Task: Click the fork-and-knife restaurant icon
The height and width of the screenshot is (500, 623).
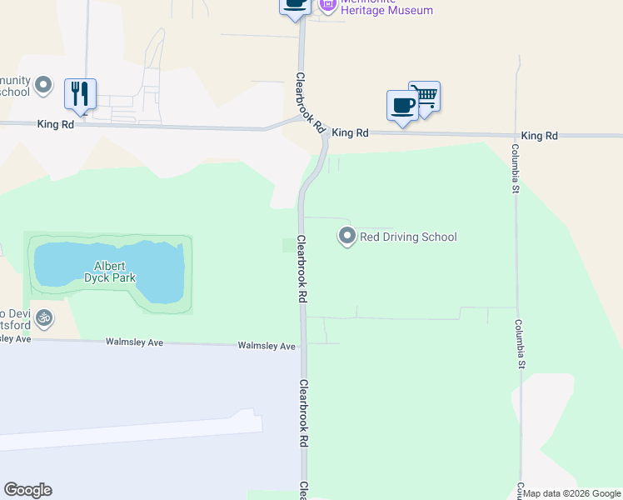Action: [x=80, y=93]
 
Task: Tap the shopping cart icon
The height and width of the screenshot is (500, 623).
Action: [x=425, y=96]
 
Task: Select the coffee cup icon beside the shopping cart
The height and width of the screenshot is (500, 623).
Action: [x=403, y=106]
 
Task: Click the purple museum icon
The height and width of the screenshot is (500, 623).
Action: [x=327, y=4]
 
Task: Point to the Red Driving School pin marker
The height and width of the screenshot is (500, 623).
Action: [x=346, y=237]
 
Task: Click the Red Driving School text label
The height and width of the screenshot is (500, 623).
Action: [x=408, y=237]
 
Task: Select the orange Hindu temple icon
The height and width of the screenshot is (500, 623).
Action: [x=44, y=317]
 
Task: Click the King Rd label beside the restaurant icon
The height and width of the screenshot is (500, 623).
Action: [x=56, y=124]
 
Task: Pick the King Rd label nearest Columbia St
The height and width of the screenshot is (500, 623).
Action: [x=539, y=135]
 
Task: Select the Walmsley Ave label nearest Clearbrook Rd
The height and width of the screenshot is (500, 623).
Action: [x=267, y=346]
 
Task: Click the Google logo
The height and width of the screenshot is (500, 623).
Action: [x=27, y=490]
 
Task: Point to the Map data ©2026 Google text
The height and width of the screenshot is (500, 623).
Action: [x=572, y=493]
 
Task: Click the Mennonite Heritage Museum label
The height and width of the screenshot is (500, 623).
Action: [x=387, y=9]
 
